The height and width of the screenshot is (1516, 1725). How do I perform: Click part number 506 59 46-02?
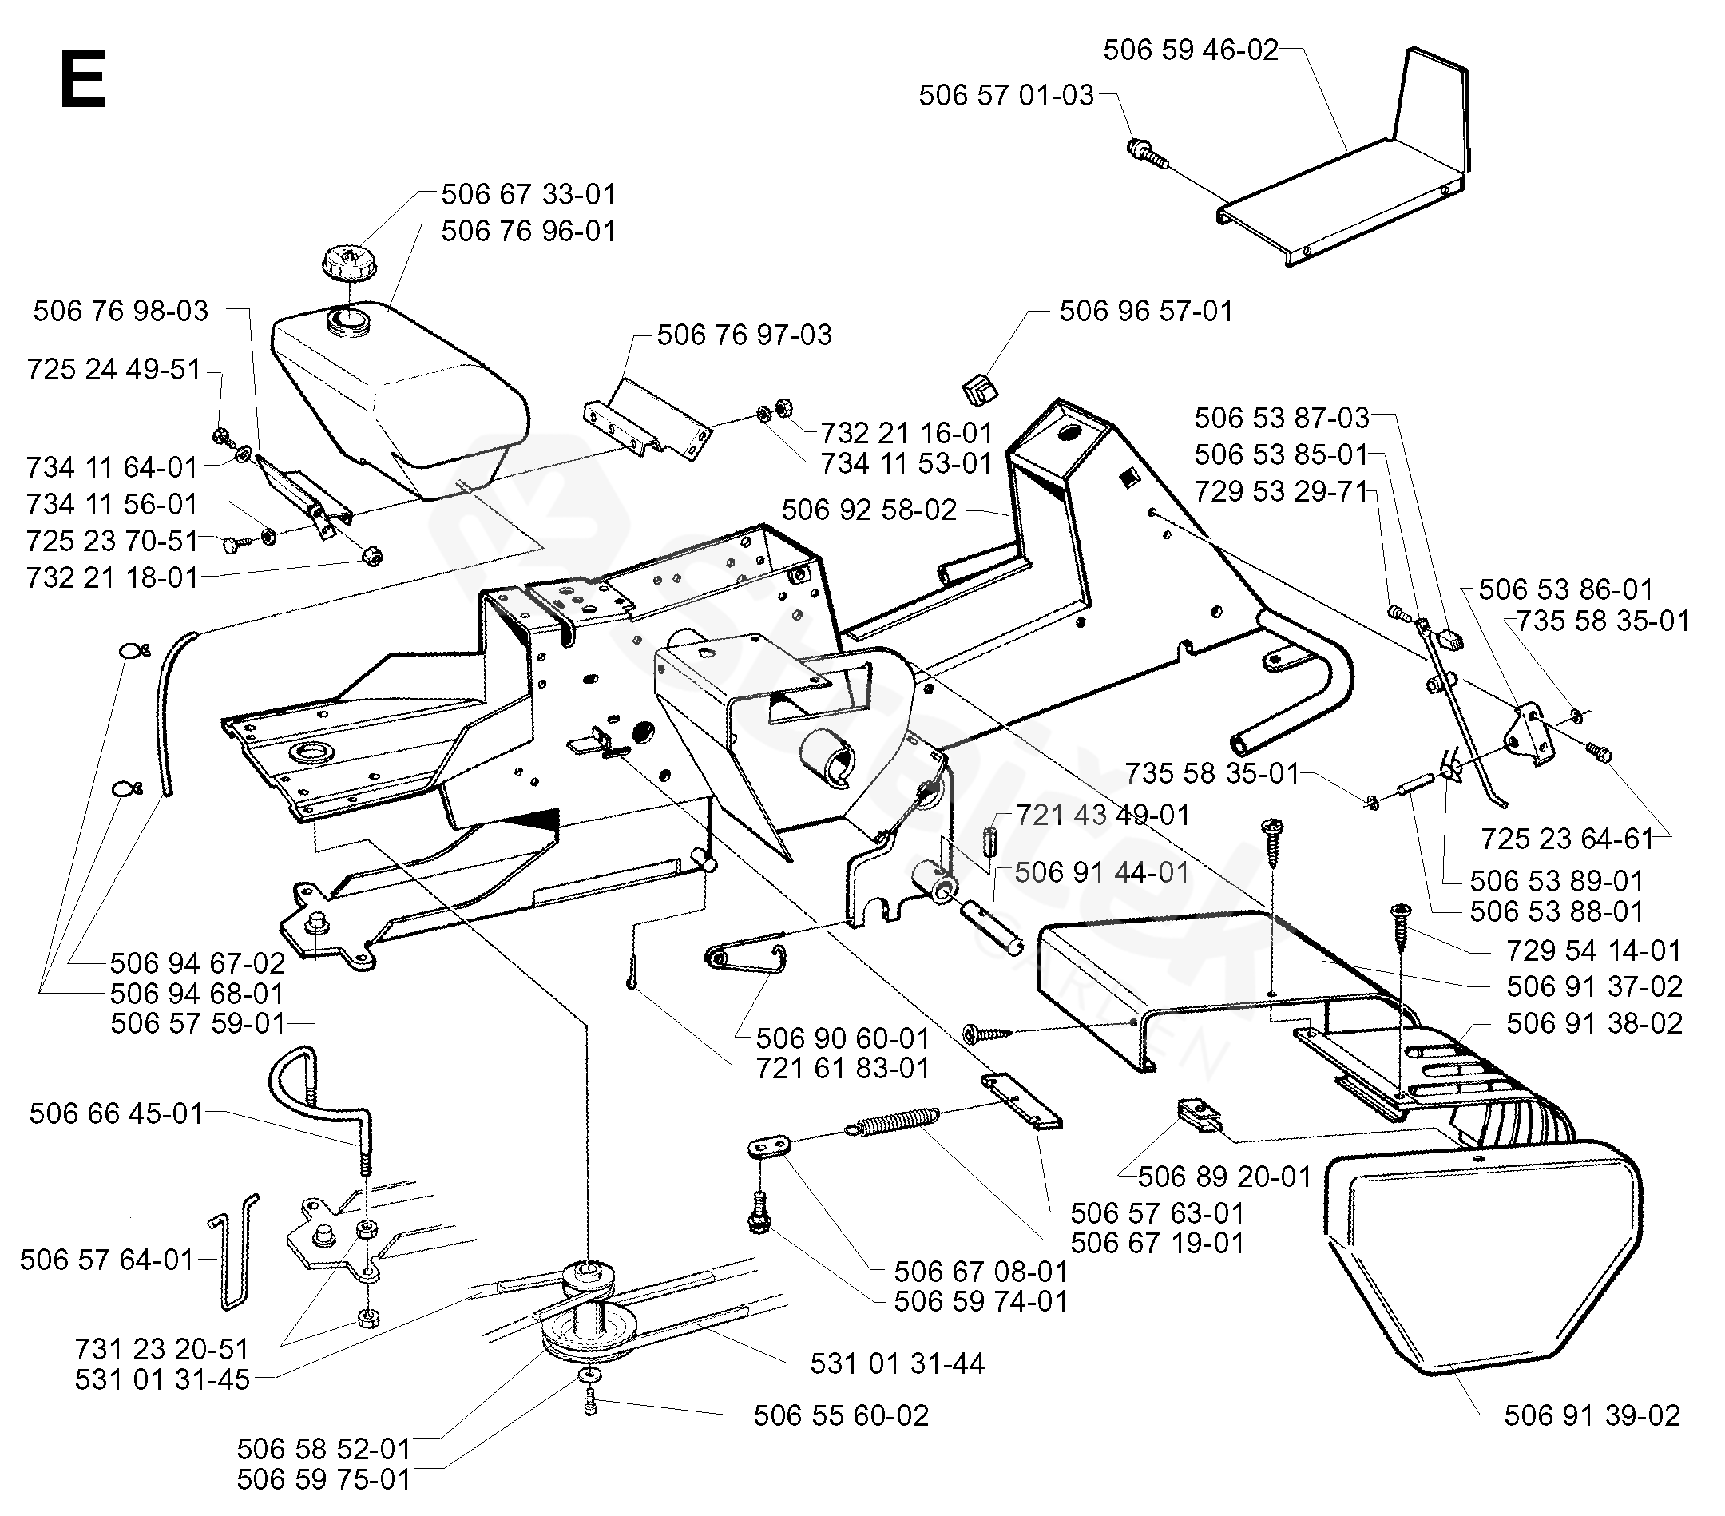click(x=1191, y=50)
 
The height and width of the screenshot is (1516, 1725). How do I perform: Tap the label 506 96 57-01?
click(x=1146, y=311)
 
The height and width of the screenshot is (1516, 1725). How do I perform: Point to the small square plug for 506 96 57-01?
click(x=979, y=391)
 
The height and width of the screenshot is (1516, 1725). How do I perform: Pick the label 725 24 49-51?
click(x=114, y=370)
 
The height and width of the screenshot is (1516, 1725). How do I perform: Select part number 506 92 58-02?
click(x=869, y=510)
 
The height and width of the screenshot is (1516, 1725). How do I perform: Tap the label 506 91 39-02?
click(x=1592, y=1415)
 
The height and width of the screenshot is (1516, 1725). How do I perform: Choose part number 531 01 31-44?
click(x=897, y=1363)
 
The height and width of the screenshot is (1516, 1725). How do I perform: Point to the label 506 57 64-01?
click(x=107, y=1260)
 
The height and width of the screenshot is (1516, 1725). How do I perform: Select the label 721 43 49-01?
click(x=1103, y=816)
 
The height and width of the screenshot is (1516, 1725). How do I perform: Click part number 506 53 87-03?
click(x=1281, y=418)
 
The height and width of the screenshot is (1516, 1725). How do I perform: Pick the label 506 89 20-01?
click(x=1223, y=1176)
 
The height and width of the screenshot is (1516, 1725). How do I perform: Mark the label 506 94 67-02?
click(x=197, y=963)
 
